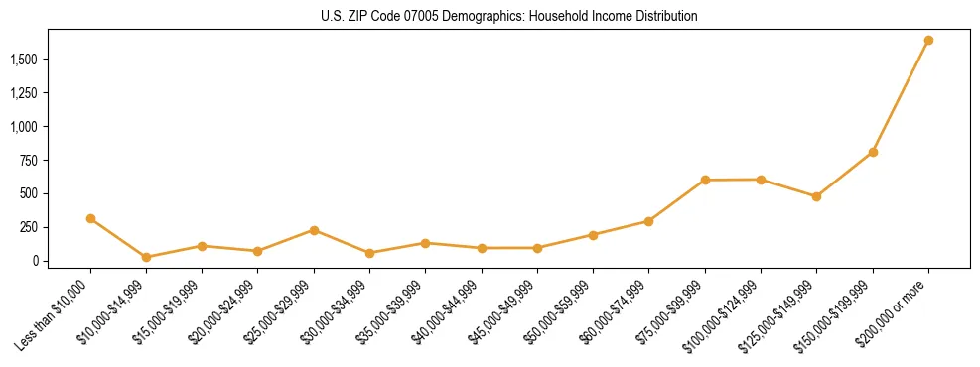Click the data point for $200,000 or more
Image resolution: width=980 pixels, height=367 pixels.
click(x=928, y=41)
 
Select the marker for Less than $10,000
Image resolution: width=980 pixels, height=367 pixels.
click(x=90, y=218)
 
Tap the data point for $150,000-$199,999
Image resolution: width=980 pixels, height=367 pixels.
click(x=873, y=152)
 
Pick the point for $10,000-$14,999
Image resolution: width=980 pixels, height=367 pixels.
click(x=146, y=257)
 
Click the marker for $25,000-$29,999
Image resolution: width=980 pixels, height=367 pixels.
click(x=314, y=230)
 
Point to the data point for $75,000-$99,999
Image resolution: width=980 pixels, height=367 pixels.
click(x=705, y=180)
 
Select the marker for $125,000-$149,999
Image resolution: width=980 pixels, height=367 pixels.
click(x=816, y=196)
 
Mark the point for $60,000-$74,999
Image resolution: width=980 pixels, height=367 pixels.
click(x=648, y=221)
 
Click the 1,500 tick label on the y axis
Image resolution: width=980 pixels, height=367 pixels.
click(x=25, y=60)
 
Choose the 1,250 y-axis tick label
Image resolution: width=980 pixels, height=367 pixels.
click(x=25, y=93)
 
